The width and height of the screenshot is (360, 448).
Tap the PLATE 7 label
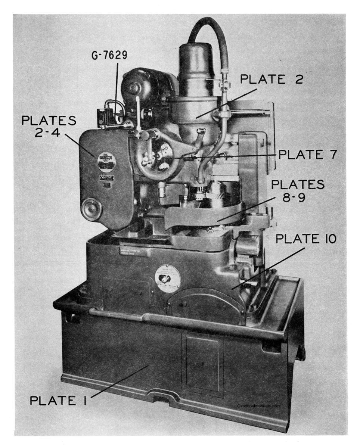(305, 154)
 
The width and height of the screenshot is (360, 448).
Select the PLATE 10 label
(305, 239)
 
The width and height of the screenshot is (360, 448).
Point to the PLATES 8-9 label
(298, 190)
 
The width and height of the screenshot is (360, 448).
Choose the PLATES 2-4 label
(49, 127)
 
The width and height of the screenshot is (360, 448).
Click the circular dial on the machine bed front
(167, 279)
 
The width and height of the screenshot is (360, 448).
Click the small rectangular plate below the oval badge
(106, 179)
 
